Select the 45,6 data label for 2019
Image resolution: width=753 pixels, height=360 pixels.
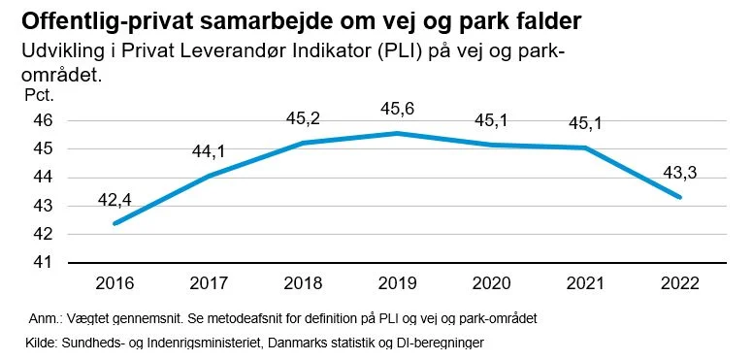[397, 108]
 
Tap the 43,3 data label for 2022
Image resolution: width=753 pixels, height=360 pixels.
[679, 173]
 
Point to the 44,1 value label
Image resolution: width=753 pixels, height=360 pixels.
[209, 152]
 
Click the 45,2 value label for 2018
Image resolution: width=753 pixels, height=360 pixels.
[303, 117]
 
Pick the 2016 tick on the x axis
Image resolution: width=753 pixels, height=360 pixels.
[115, 283]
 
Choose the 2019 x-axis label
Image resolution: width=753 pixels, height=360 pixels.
[397, 283]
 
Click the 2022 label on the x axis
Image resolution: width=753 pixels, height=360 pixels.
[679, 283]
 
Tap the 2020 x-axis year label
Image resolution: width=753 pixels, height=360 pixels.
[491, 283]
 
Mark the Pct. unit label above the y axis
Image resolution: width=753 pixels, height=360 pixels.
[39, 95]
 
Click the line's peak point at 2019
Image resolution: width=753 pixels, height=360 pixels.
[397, 133]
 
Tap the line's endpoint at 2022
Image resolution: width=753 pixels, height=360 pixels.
[679, 197]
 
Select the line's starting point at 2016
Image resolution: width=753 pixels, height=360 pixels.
[115, 223]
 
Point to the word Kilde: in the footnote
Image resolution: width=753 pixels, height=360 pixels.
[41, 343]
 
